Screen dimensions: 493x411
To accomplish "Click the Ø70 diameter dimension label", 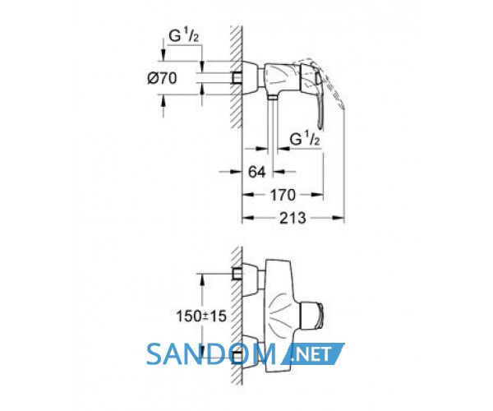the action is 162,78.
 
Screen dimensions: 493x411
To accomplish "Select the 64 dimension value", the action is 257,172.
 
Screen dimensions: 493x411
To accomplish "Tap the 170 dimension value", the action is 283,195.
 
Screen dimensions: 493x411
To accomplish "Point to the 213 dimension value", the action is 293,218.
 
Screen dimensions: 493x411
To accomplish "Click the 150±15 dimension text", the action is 201,316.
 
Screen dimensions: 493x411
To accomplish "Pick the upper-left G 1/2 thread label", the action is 183,36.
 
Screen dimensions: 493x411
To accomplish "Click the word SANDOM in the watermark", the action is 211,354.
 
